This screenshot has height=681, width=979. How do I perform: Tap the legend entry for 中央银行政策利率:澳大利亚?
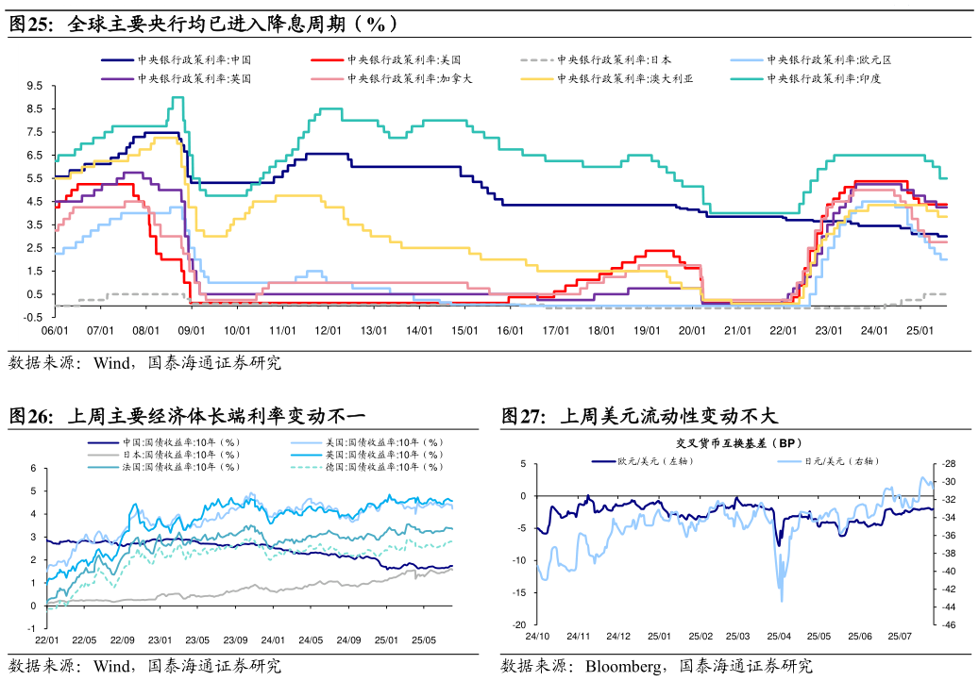[624, 79]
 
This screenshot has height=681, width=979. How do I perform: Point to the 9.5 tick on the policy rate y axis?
[35, 86]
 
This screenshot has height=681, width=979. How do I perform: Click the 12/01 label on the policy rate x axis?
[328, 331]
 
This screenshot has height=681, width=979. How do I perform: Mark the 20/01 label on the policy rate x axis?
[693, 331]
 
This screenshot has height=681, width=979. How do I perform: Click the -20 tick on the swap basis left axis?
[519, 625]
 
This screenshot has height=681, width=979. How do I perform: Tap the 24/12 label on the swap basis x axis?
[618, 638]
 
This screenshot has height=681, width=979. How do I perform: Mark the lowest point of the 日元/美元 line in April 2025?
[781, 601]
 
